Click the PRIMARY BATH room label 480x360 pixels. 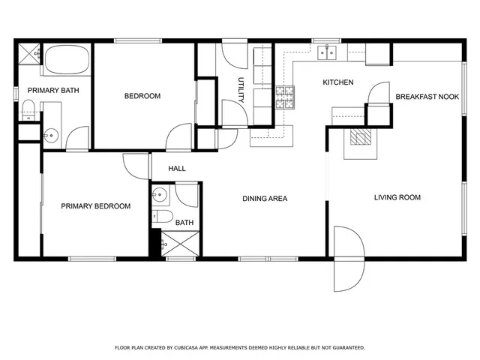coord(53,91)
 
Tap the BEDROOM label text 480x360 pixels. coord(142,96)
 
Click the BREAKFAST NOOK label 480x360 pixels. coord(427,97)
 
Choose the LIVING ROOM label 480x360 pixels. coord(397,198)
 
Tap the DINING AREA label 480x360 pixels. coord(265,199)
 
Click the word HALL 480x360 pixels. coord(177,169)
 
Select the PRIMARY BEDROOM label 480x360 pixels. coord(96,206)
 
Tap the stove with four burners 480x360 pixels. coord(285,94)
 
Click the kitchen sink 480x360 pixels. coord(326,52)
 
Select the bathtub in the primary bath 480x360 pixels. coord(67,60)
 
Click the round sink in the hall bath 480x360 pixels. coord(158,196)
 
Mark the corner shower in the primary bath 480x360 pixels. coord(29,53)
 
